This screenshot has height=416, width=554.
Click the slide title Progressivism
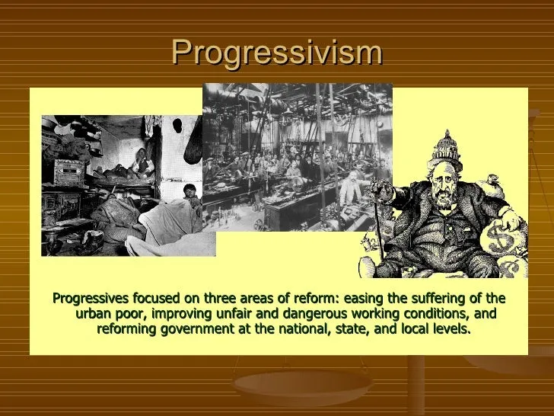pos(277,53)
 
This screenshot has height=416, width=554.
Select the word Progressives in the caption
pos(91,299)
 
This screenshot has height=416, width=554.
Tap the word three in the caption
pos(220,298)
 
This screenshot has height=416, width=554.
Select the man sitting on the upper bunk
pos(142,163)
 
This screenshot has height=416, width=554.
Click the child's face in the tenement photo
pos(189,191)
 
